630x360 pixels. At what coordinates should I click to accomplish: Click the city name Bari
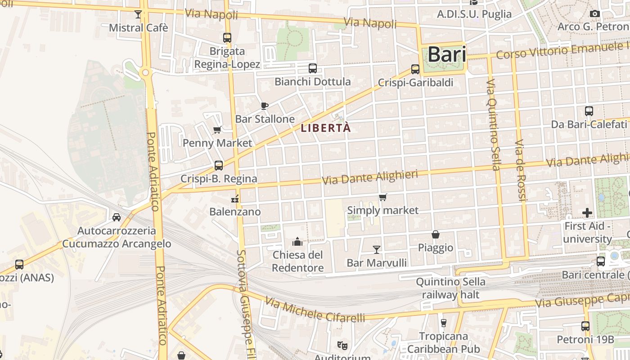pos(446,54)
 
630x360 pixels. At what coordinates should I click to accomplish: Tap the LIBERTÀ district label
pos(326,128)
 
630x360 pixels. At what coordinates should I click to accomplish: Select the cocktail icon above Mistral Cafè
pos(138,14)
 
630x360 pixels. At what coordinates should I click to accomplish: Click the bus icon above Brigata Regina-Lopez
pos(227,38)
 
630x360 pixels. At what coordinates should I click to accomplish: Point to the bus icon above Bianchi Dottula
pos(313,68)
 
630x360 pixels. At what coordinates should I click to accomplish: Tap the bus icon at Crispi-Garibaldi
pos(415,69)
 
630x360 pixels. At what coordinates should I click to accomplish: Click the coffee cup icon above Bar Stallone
pos(265,106)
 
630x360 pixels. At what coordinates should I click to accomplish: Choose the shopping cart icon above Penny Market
pos(217,130)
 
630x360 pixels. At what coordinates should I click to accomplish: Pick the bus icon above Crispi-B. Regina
pos(219,165)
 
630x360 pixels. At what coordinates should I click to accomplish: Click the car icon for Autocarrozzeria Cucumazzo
pos(117,217)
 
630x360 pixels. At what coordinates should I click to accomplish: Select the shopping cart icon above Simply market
pos(383,197)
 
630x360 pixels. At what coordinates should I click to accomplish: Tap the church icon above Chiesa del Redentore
pos(297,242)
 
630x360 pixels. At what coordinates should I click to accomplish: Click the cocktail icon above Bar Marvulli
pos(377,249)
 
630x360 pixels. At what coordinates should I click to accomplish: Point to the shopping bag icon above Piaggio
pos(436,234)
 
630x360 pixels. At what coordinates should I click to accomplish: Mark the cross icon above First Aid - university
pos(587,212)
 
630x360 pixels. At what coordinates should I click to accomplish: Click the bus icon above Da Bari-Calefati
pos(589,111)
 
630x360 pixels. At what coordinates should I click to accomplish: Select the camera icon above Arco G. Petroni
pos(595,14)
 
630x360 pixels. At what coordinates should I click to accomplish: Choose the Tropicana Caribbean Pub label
pos(444,342)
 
